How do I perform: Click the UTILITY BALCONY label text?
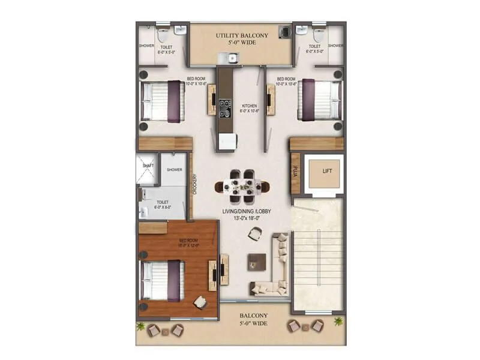(242, 36)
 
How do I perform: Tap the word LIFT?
(327, 171)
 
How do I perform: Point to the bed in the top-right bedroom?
(320, 99)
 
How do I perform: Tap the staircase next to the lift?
(317, 255)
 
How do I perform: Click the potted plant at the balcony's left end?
(142, 326)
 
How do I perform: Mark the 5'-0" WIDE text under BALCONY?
(254, 323)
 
